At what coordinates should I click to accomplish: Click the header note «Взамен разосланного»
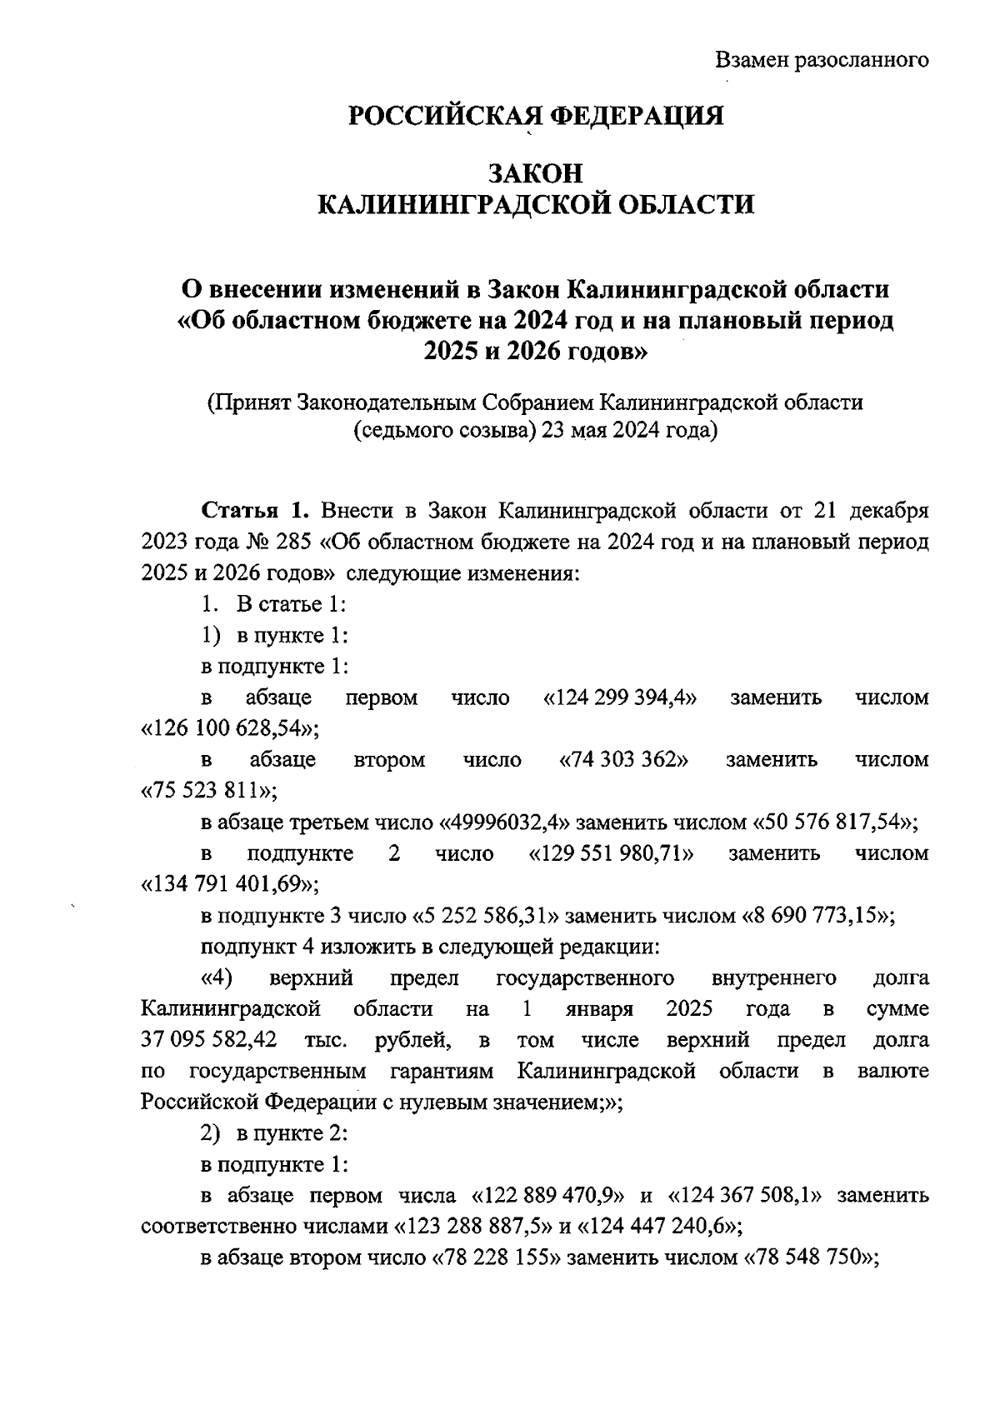(x=822, y=60)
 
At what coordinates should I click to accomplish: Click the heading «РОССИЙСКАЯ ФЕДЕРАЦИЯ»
(x=536, y=116)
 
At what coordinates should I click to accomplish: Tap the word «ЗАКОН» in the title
(x=536, y=173)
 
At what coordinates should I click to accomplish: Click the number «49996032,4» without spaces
(x=505, y=822)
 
